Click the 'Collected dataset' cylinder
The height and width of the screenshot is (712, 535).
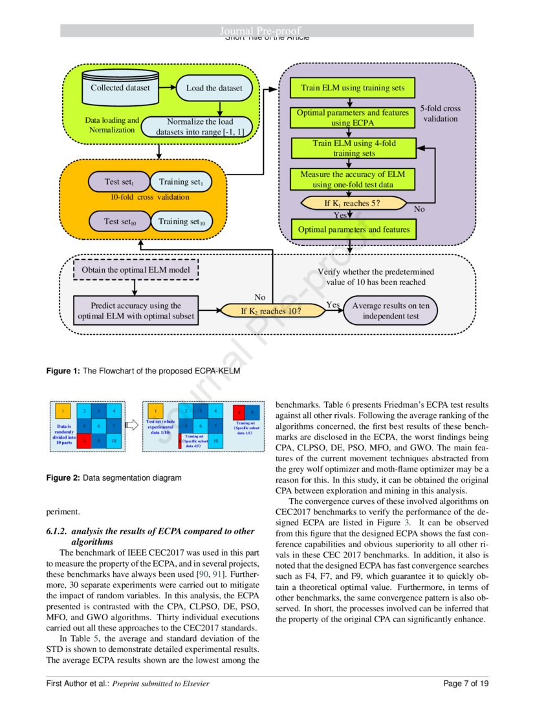[120, 89]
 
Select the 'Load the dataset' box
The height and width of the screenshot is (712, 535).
[214, 89]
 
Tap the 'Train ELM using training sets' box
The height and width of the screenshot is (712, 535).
[349, 87]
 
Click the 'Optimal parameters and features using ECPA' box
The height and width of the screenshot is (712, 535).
[349, 117]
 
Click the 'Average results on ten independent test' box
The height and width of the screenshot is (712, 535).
[390, 311]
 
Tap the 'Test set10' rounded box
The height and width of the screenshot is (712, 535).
[120, 222]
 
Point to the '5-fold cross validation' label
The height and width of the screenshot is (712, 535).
[440, 114]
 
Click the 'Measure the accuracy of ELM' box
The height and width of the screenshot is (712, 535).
[349, 179]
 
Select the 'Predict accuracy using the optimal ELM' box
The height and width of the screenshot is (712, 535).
[135, 311]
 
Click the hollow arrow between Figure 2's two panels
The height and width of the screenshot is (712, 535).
[132, 424]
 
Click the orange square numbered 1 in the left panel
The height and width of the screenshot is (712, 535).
[62, 410]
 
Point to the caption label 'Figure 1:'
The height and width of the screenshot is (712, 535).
[61, 371]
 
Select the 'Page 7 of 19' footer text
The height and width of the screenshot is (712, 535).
[466, 684]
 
